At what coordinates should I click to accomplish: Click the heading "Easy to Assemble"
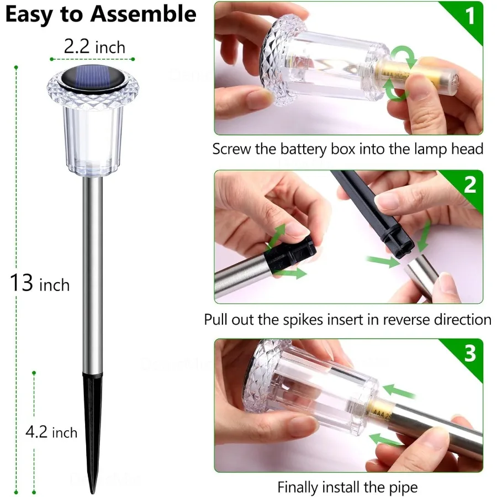tap(101, 14)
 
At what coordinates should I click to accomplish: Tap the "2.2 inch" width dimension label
tap(94, 47)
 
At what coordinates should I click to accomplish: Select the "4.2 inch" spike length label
tap(51, 432)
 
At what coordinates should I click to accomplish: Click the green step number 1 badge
tap(469, 17)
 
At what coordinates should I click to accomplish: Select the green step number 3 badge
tap(469, 353)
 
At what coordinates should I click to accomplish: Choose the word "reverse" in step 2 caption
tap(408, 320)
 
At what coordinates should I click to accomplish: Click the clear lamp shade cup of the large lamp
tap(93, 138)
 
